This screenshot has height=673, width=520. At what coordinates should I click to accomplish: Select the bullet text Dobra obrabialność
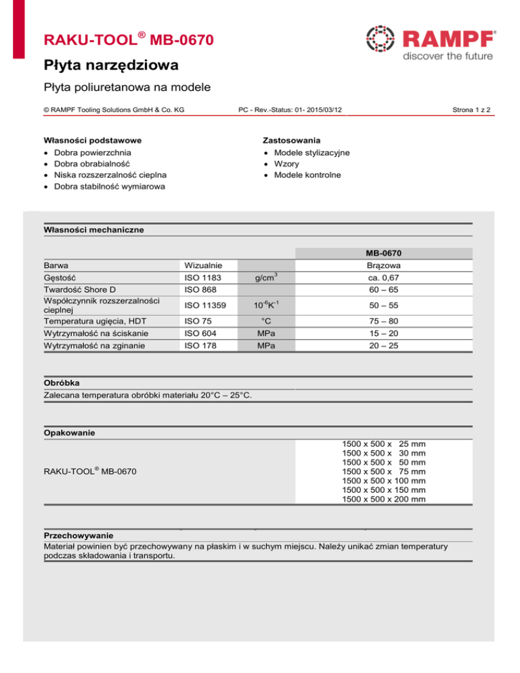(92, 164)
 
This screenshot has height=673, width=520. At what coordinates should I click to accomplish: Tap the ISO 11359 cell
(206, 305)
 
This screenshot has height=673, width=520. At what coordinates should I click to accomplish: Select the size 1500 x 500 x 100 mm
(384, 481)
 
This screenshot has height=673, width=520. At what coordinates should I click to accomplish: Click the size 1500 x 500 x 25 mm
(384, 443)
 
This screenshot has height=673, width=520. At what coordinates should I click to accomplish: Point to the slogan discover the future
(448, 56)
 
